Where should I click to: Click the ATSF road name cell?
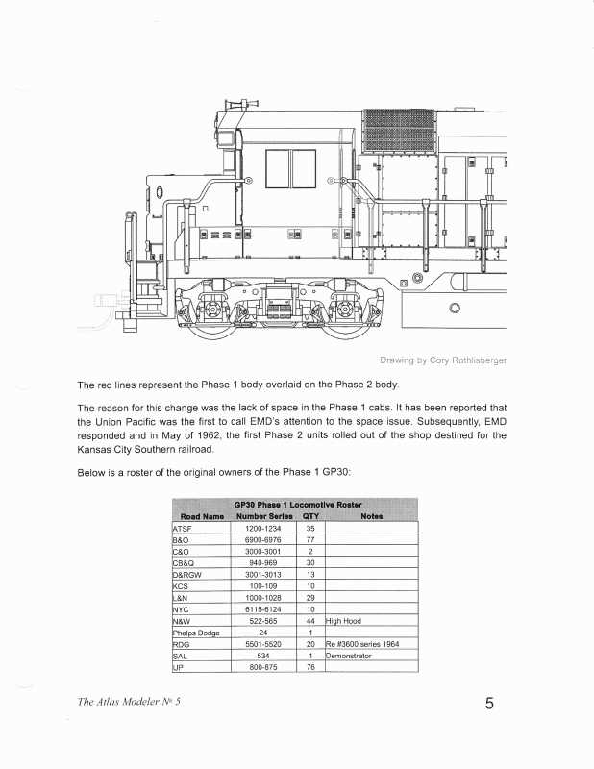[x=183, y=529]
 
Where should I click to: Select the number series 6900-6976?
[x=262, y=540]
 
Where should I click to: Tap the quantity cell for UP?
[x=310, y=666]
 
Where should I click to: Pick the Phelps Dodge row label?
[x=197, y=633]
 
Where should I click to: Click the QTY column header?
[x=310, y=516]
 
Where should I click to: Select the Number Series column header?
[x=262, y=516]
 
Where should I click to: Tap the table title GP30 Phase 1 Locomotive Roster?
[x=297, y=505]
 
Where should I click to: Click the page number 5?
[x=489, y=704]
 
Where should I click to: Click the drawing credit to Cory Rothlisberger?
[x=443, y=360]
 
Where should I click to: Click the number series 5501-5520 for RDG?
[x=262, y=644]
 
